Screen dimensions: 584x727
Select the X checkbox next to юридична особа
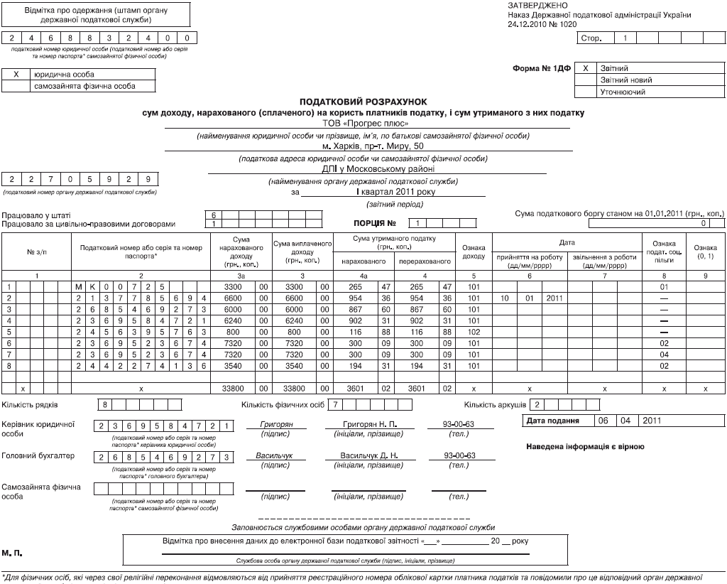[x=15, y=75]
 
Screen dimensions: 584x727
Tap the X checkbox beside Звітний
[x=586, y=68]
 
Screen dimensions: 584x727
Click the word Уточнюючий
[x=623, y=92]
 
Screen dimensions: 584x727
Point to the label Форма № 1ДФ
[x=542, y=68]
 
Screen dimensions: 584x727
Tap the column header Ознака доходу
[x=473, y=251]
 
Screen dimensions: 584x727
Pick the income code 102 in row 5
[x=473, y=332]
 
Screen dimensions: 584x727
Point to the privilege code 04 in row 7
[x=665, y=355]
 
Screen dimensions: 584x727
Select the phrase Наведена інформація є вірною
[x=586, y=447]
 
